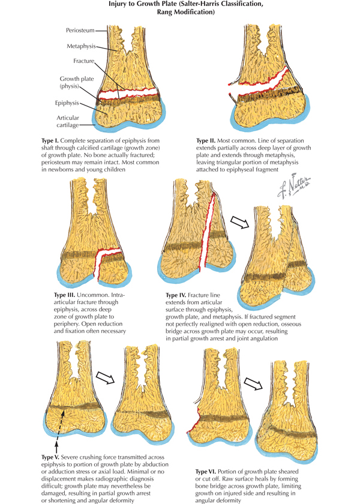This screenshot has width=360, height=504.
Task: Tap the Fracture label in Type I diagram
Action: [x=83, y=62]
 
